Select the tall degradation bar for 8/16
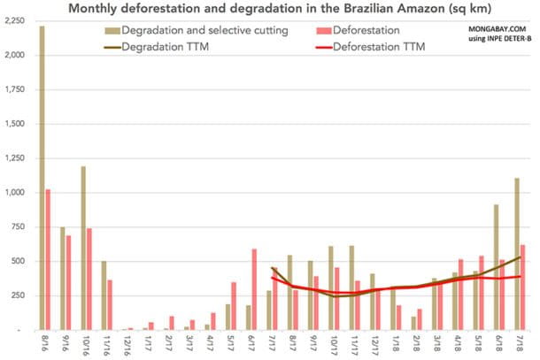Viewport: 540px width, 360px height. [42, 177]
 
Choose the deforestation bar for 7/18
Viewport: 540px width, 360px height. [523, 287]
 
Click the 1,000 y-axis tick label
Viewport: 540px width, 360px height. [19, 193]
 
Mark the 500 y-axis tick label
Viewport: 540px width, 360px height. [23, 261]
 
